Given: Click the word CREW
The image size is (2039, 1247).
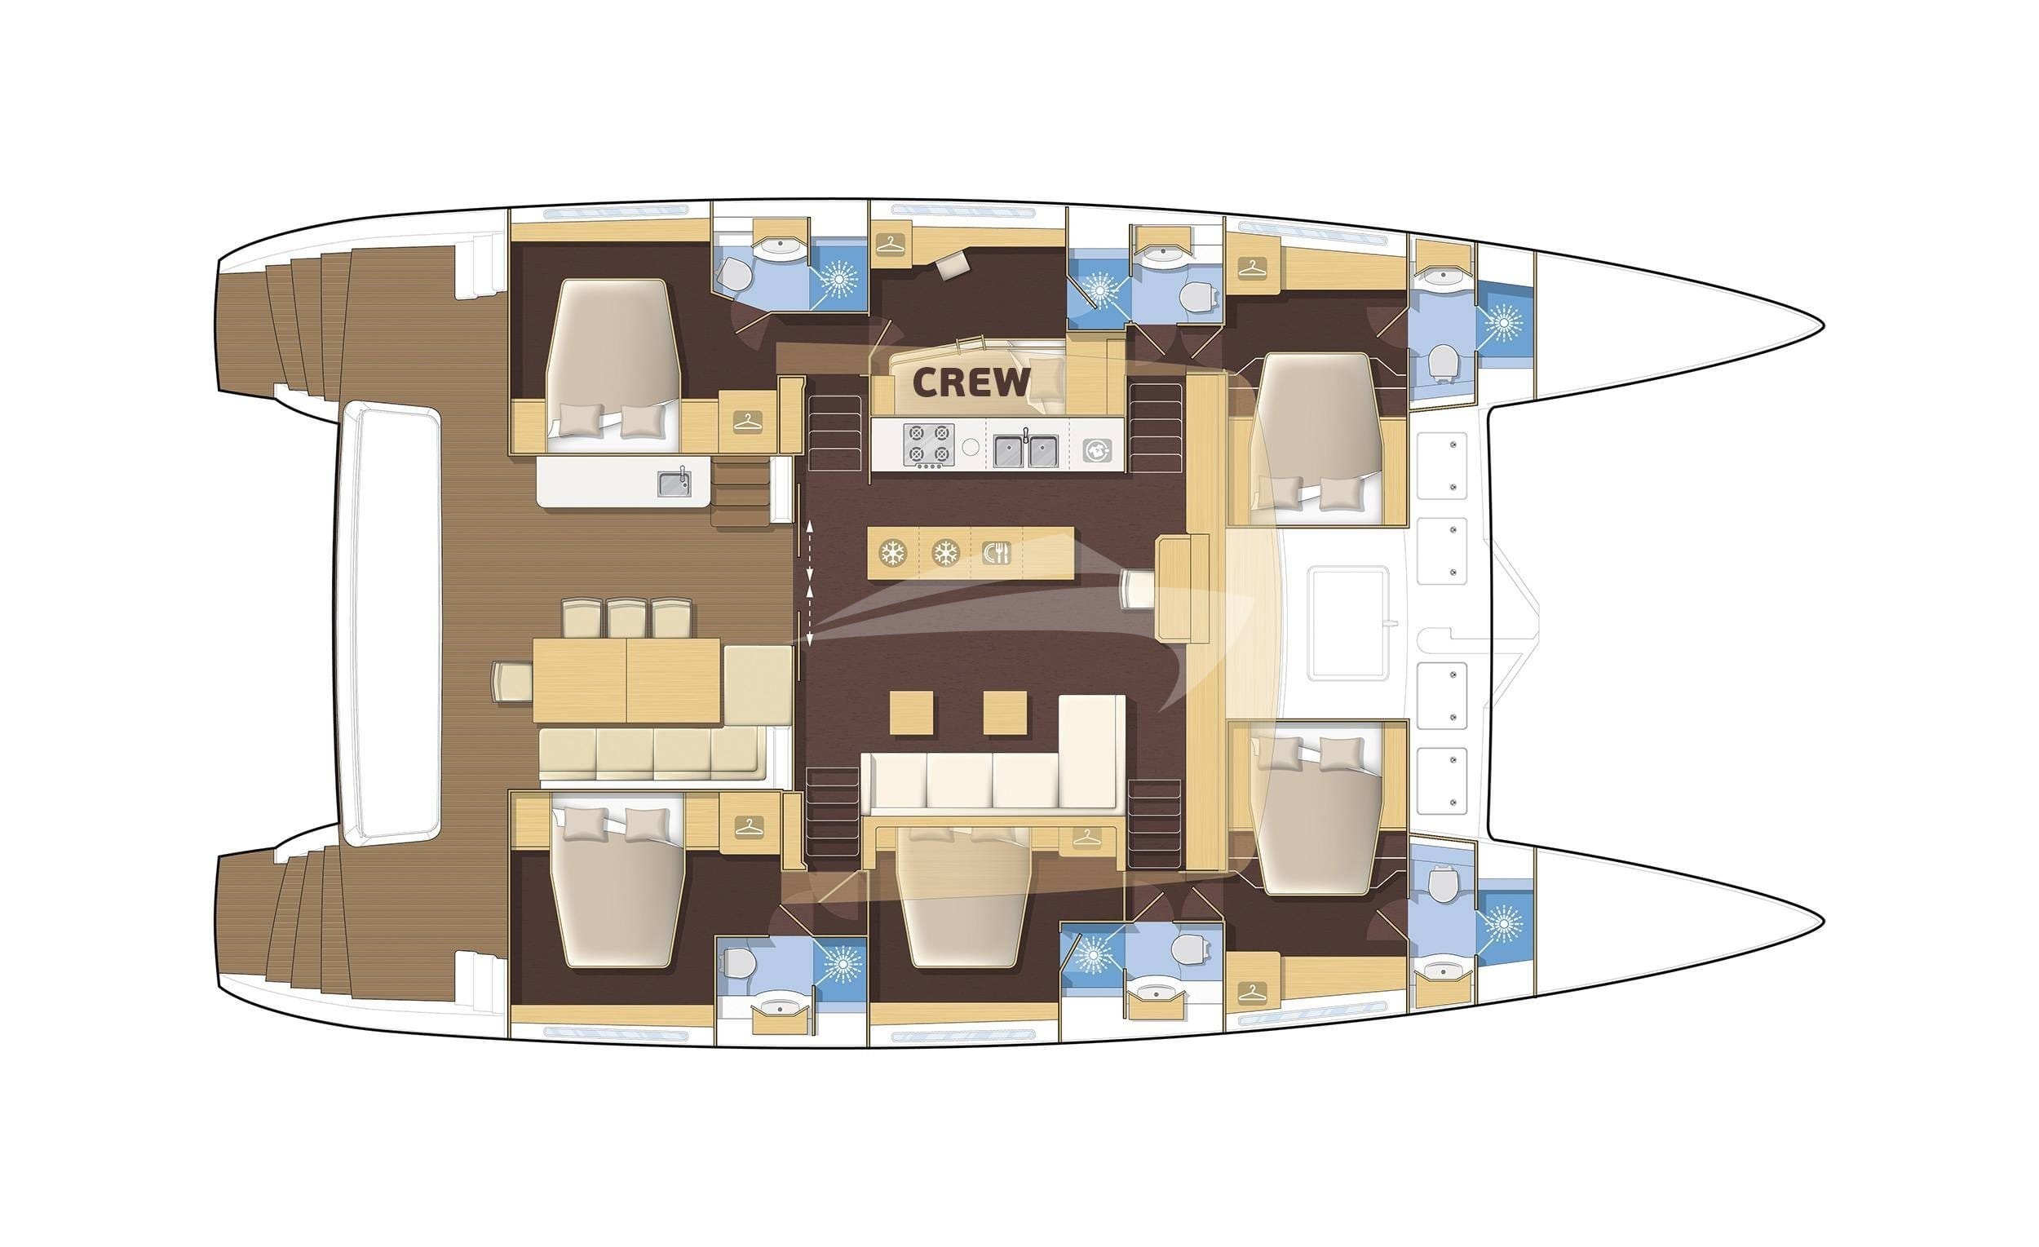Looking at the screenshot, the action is [971, 382].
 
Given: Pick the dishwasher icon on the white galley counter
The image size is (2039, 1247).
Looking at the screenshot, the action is [1097, 451].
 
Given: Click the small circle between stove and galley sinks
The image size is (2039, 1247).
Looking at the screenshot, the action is [971, 448].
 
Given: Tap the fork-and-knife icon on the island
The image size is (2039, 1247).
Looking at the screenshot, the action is [997, 553].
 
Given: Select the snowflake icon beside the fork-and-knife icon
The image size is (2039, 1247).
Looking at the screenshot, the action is [945, 553].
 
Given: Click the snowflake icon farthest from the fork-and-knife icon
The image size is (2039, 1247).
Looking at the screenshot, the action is [892, 553].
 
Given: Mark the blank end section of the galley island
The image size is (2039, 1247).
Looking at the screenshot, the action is [1049, 553].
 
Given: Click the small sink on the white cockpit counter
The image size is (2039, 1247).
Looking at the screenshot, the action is [675, 484].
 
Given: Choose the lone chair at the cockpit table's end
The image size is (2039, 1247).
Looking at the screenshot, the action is [513, 681].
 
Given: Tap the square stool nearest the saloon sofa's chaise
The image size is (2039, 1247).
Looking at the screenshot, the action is [1006, 713].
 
